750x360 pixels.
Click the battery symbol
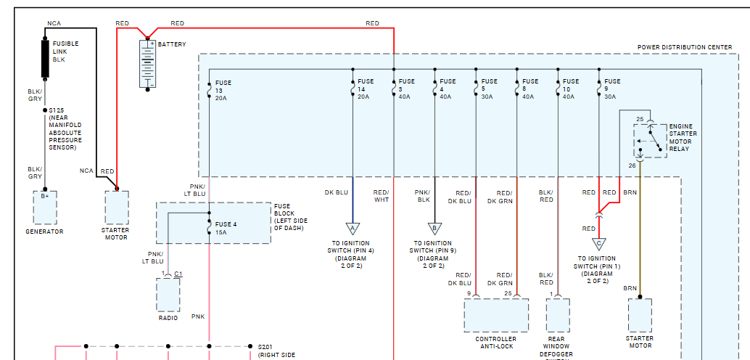click(149, 64)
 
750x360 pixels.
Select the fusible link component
click(46, 58)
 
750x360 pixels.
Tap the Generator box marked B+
click(45, 208)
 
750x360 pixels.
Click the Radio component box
click(168, 294)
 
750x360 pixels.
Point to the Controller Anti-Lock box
click(496, 314)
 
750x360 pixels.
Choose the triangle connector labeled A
click(353, 228)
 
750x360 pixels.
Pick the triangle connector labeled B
click(434, 228)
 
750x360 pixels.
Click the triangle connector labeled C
click(598, 244)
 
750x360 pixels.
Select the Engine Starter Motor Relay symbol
click(650, 140)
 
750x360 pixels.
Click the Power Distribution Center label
click(685, 47)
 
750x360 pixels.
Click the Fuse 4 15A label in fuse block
click(226, 228)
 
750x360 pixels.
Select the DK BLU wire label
click(337, 192)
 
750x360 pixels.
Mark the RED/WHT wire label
click(381, 196)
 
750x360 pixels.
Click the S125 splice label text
click(55, 110)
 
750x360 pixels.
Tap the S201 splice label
click(266, 348)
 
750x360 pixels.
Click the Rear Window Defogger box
click(558, 314)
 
